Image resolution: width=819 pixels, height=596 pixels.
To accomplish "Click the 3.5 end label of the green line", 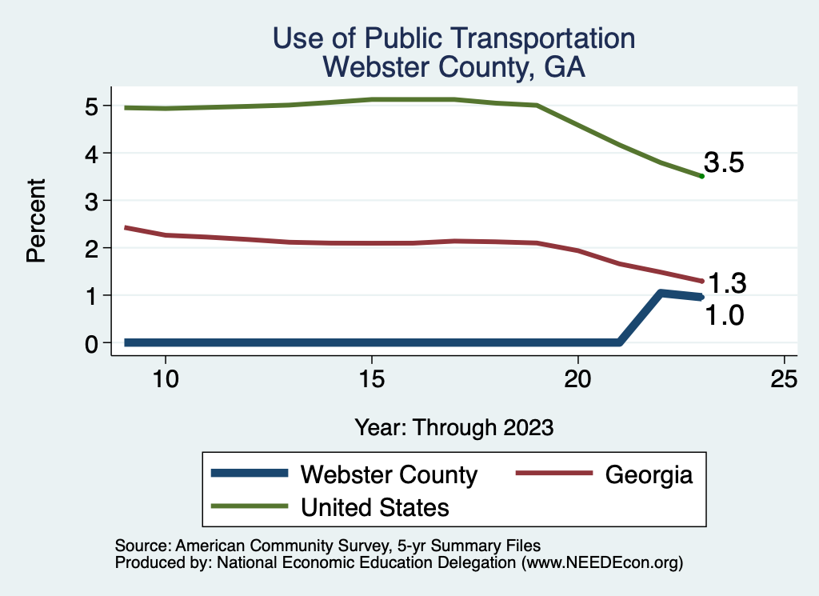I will tap(724, 163).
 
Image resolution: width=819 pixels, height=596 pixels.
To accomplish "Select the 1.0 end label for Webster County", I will tap(724, 316).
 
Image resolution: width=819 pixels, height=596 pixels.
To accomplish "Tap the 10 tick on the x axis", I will tap(165, 379).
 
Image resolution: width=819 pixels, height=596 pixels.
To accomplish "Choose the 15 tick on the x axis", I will tap(372, 379).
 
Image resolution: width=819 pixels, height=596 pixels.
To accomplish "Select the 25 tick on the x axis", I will tap(785, 379).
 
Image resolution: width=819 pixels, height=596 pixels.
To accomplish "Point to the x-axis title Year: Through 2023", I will tap(454, 427).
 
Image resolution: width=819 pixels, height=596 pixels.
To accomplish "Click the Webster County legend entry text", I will tap(389, 474).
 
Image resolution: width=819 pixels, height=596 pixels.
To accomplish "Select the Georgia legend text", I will tap(649, 474).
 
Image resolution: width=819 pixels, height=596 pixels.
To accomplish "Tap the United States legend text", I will tap(374, 507).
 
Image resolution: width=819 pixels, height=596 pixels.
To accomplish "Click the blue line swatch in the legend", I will tap(249, 474).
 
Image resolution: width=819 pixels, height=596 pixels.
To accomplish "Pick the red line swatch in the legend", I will tap(552, 474).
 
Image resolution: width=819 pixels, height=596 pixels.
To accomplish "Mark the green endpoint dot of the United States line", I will tap(701, 176).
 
